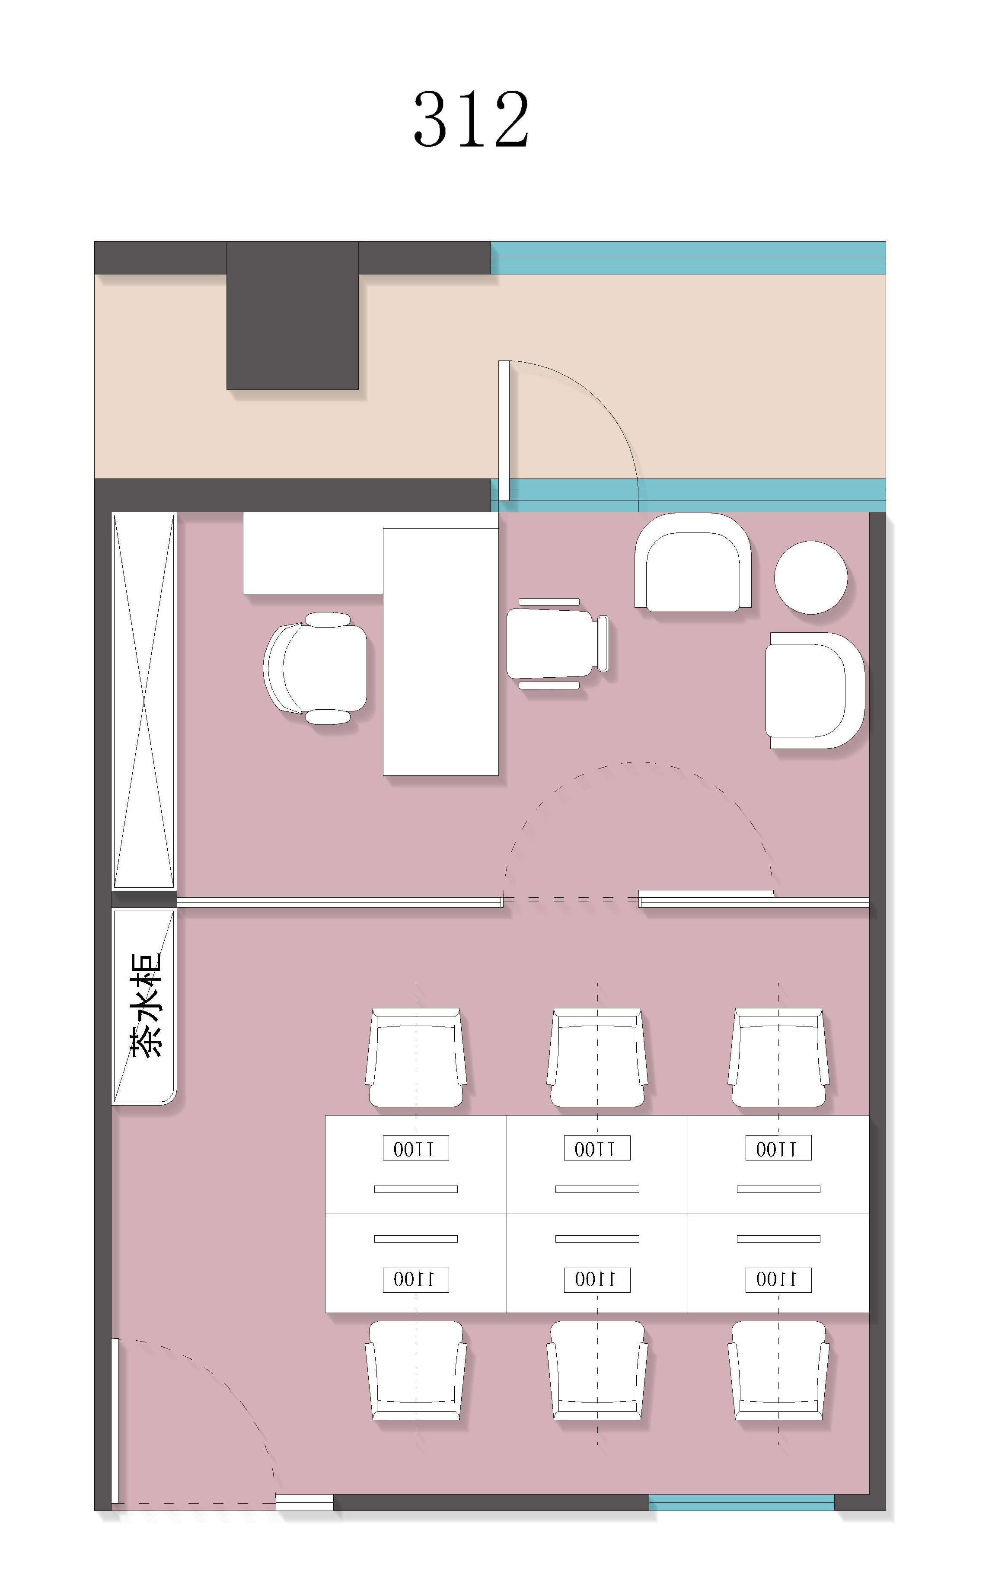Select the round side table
[810, 577]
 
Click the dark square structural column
[292, 315]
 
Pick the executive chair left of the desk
[315, 668]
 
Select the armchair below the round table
[814, 690]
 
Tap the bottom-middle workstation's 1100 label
[597, 1279]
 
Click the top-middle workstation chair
[597, 1057]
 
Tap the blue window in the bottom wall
[741, 1502]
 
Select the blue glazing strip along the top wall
[688, 258]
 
